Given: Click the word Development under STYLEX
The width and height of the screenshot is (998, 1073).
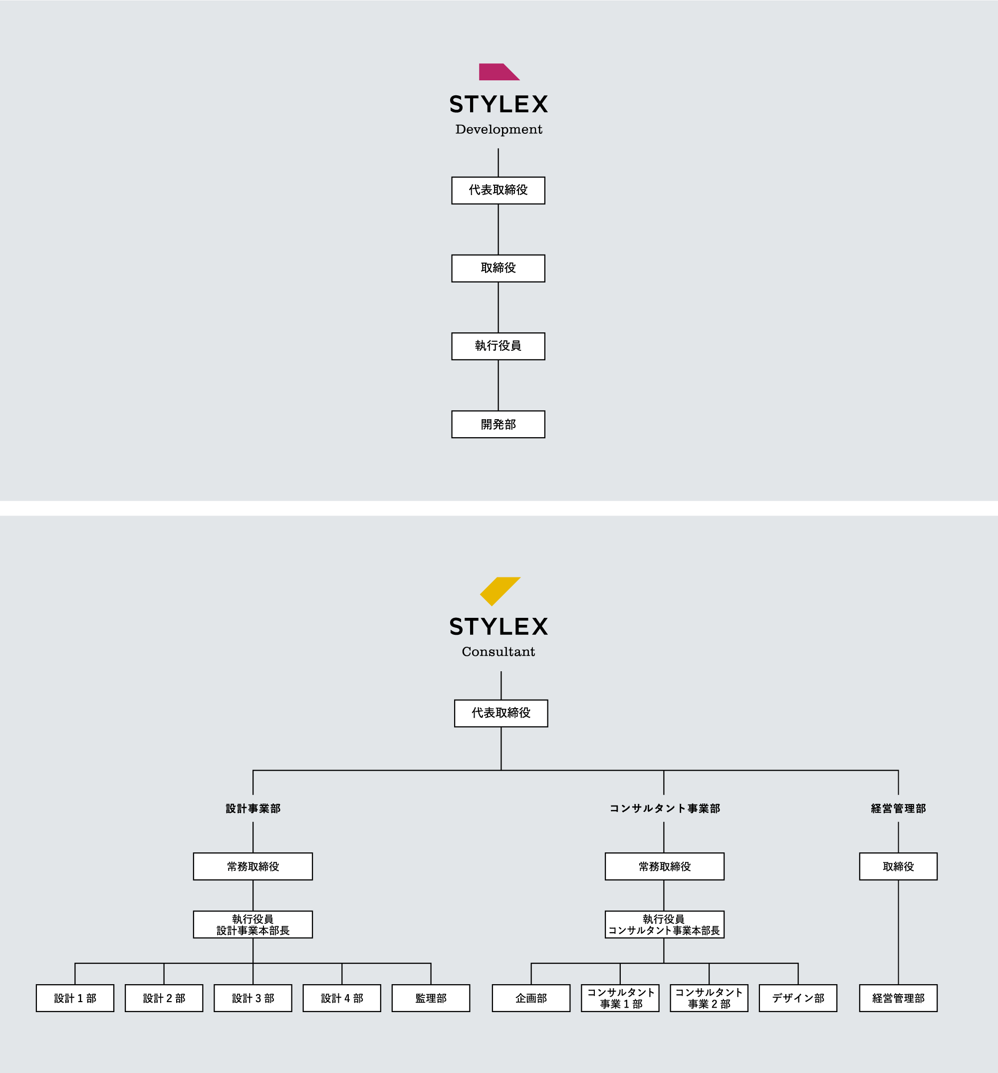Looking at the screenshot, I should pos(499,130).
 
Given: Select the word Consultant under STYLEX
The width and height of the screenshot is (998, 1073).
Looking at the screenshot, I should pos(498,652).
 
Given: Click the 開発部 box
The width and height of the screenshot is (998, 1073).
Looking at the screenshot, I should pos(498,424).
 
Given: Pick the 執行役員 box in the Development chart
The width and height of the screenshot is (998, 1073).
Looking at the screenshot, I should pos(498,346).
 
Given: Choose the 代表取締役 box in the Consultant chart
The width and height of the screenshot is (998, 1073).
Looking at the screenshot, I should pos(501,713).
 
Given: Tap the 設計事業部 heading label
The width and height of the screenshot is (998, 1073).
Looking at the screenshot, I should pos(253,808).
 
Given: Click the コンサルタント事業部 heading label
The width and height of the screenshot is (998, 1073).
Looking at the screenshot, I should pos(665,808).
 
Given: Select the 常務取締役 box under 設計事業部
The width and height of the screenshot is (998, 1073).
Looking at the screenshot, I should pos(253,866).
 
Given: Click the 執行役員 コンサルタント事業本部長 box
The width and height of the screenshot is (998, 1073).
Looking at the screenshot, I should pos(665,925).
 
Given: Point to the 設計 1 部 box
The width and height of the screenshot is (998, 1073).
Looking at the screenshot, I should pos(75,998).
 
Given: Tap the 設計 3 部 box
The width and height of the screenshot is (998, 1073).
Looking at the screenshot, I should pos(253,998).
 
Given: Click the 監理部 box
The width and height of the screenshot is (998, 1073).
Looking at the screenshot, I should pos(431,998).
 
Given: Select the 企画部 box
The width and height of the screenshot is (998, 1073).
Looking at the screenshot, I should pos(531,998).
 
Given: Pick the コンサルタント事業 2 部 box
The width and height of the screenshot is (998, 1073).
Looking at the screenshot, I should pos(709,998).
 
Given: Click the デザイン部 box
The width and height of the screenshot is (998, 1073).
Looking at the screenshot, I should pos(798,998).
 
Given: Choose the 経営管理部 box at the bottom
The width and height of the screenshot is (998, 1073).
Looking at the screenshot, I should pos(898,998).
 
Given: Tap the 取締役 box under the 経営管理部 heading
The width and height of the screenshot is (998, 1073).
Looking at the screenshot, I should pos(898,866).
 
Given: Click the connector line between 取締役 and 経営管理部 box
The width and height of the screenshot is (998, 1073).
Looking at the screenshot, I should pos(898,932).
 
